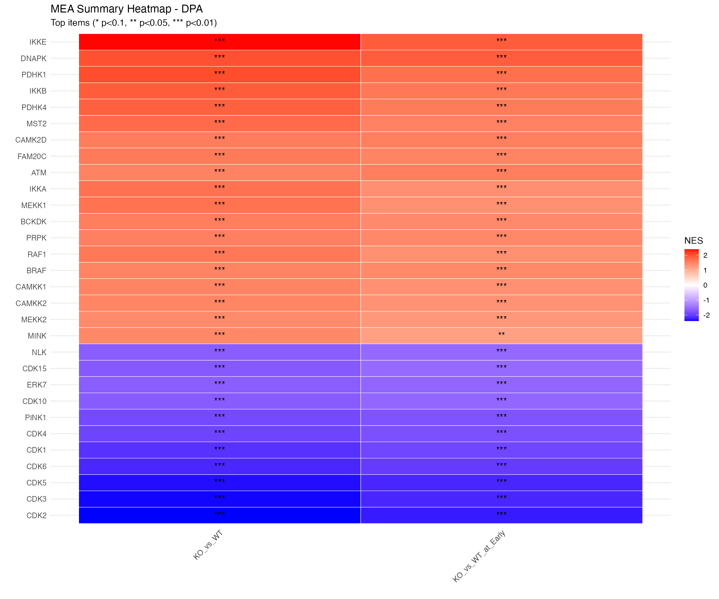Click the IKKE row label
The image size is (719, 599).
tap(38, 42)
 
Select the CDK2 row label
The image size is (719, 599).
tap(36, 515)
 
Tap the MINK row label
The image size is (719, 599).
tap(37, 336)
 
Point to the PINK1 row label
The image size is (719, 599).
tap(36, 418)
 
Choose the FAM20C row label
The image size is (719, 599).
tap(32, 156)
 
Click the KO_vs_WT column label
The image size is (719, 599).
tap(208, 545)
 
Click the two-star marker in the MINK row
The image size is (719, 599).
tap(501, 334)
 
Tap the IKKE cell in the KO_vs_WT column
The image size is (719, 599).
tap(219, 42)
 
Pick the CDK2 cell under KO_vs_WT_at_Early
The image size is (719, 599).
tap(501, 515)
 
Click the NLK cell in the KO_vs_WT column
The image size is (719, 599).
tap(219, 352)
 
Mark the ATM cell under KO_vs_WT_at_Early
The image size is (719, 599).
tap(501, 173)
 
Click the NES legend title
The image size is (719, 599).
tap(693, 241)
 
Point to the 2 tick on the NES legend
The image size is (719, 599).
tap(705, 255)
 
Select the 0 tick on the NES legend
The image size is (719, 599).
tap(705, 285)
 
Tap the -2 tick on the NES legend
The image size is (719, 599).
tap(706, 315)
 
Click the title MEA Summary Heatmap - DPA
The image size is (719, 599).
tap(127, 9)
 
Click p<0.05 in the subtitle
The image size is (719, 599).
tap(154, 23)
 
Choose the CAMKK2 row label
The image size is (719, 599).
tap(31, 303)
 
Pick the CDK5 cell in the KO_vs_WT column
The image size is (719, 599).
tap(219, 483)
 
